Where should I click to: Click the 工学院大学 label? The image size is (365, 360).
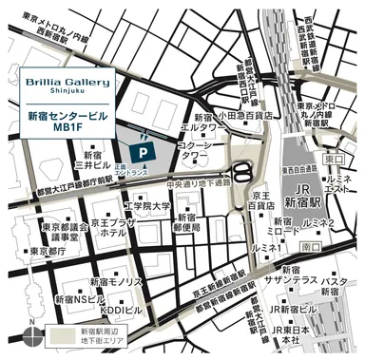click(x=146, y=206)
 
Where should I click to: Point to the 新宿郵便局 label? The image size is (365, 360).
click(x=189, y=222)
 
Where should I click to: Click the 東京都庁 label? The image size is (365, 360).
click(x=48, y=252)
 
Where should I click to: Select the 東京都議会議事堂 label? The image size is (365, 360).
click(x=65, y=233)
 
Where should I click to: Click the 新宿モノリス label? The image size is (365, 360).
click(x=116, y=283)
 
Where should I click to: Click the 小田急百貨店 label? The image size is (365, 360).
click(x=244, y=116)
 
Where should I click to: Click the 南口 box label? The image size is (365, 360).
click(x=310, y=246)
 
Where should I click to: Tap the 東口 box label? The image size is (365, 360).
click(x=331, y=161)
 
